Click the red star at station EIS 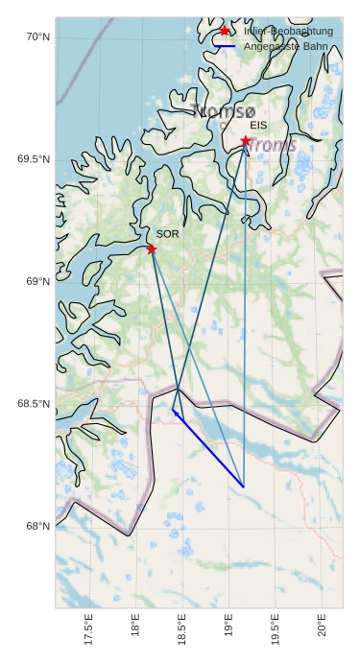coord(246,141)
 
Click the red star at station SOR coord(152,249)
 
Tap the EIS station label coord(258,126)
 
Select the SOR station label coord(167,234)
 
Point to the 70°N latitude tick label coord(37,37)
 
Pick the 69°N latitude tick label coord(37,281)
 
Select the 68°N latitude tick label coord(37,526)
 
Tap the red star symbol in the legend coord(225,31)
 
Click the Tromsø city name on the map coord(224,111)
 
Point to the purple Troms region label coord(273,146)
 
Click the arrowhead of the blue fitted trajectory coord(175,412)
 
